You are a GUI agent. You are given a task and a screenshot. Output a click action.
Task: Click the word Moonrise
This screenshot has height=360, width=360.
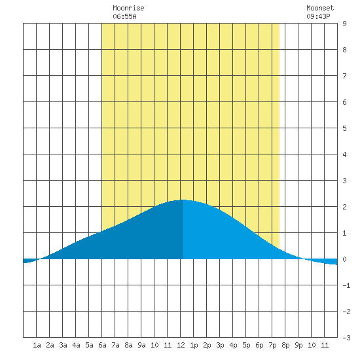point(128,8)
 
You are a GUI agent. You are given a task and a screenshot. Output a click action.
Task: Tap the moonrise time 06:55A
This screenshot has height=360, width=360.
point(124,16)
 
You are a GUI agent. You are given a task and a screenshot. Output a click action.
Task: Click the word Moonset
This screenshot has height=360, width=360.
point(320,8)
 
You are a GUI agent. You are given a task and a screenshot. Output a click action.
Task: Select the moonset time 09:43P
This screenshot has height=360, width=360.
point(318,16)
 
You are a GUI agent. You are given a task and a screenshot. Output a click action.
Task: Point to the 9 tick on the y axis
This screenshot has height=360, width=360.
point(344,24)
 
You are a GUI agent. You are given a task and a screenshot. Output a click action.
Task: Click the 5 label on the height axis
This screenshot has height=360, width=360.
point(344,128)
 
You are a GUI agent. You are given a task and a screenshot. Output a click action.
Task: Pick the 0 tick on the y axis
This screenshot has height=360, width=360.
point(344,259)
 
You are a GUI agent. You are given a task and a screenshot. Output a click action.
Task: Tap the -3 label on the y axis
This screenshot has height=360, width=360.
point(346,338)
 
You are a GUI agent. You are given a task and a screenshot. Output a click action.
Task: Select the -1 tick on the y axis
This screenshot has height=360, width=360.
point(346,285)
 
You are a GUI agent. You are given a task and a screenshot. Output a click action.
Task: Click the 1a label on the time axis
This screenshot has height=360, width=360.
point(37,345)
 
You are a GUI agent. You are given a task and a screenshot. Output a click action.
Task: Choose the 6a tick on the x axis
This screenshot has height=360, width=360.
point(102,345)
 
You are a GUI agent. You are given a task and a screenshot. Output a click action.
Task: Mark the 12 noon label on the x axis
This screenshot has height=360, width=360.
point(181,345)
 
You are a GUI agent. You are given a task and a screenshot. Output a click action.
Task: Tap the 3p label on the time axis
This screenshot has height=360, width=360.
point(220,345)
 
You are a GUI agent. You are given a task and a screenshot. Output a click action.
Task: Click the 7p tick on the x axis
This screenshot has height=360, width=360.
point(272,345)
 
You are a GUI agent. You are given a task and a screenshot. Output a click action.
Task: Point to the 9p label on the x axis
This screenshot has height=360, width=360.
point(298,345)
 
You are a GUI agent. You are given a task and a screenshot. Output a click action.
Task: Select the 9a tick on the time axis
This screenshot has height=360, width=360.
point(141,345)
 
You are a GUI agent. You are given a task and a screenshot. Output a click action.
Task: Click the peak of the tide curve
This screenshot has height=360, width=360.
point(183,200)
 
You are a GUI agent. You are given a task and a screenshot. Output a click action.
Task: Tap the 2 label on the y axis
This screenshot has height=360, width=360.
point(344,207)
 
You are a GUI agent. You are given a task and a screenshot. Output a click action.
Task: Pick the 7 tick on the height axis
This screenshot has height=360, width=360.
point(344,76)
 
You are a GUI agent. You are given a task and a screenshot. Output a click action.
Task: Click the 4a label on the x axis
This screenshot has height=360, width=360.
point(76,345)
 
